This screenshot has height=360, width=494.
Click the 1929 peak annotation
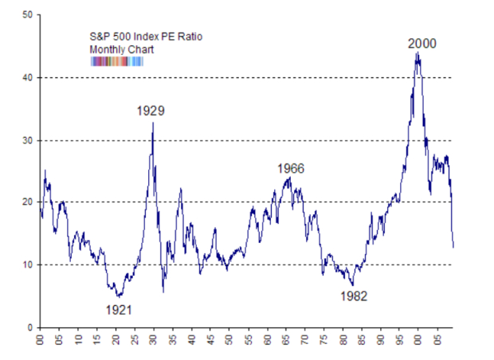point(151,111)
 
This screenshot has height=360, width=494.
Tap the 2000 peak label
point(422,43)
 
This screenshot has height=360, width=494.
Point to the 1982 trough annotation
point(355,295)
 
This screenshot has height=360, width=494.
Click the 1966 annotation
point(291,169)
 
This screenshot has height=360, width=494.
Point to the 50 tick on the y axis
point(28,15)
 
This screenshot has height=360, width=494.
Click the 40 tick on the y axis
point(28,78)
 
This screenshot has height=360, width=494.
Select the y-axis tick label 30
point(28,140)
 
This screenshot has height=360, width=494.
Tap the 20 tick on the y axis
point(28,202)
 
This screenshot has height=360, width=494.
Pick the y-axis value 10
point(28,264)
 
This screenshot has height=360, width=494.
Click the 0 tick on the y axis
point(30,327)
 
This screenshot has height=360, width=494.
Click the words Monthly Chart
point(117,49)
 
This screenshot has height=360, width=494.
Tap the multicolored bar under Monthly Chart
point(117,61)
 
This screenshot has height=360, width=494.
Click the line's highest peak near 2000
point(418,53)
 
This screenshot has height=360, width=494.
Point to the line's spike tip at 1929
point(153,122)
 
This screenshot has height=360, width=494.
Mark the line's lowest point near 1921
point(117,295)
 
